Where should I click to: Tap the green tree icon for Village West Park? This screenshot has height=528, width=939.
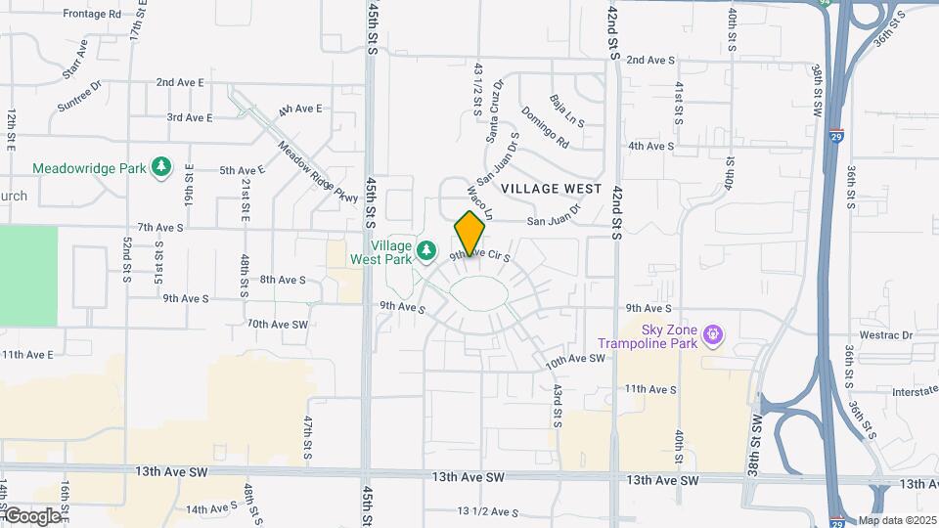click(425, 252)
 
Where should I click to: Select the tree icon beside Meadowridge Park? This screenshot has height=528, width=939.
click(161, 168)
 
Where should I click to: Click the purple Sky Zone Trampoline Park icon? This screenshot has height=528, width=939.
click(715, 334)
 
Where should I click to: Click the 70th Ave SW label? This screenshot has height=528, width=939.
click(278, 324)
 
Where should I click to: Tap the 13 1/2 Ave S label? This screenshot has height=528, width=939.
click(487, 511)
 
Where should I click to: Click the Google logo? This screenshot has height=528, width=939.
click(31, 515)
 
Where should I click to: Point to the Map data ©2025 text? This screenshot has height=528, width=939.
click(897, 520)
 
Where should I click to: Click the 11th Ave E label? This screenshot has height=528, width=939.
click(26, 355)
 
